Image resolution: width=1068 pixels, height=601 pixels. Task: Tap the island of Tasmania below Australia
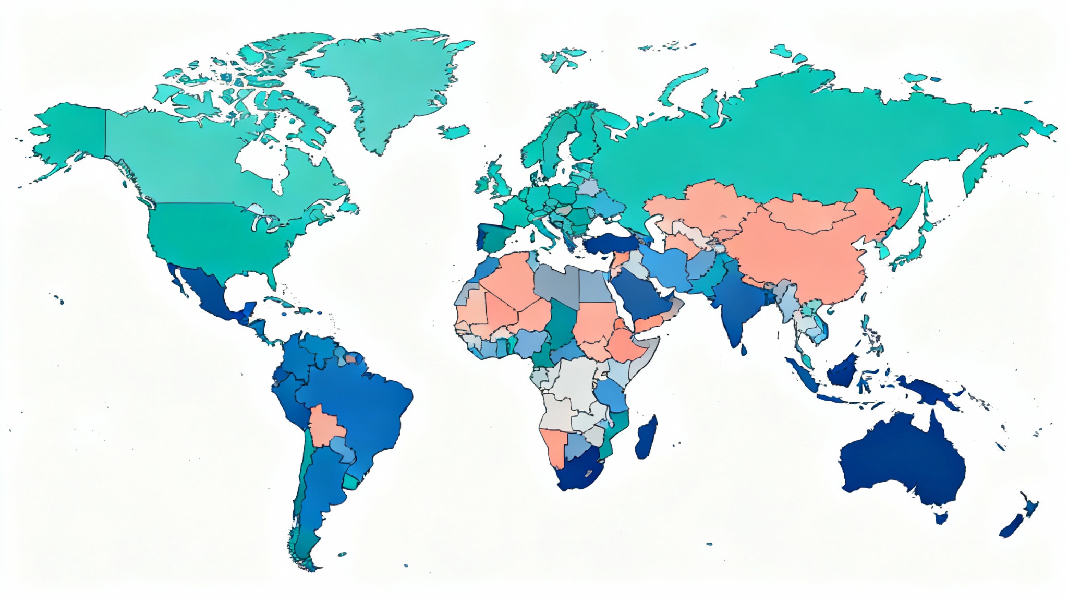(x=941, y=518)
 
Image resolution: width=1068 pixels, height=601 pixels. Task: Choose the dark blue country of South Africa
(x=579, y=472)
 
